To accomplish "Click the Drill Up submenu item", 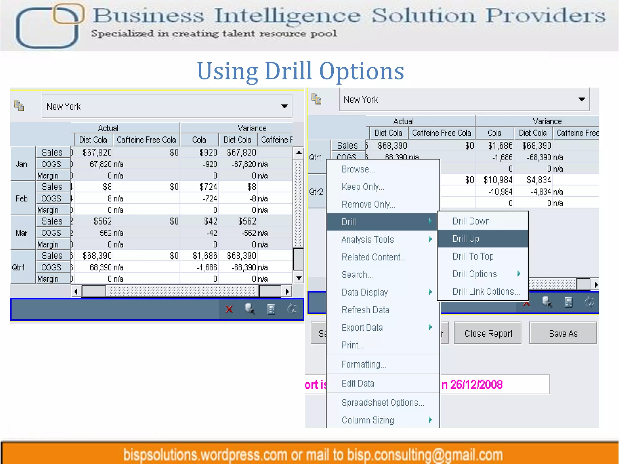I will [466, 239].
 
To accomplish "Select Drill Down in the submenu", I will [471, 221].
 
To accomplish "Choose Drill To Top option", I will [473, 256].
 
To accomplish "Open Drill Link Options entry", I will [486, 292].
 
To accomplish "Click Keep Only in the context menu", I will [363, 187].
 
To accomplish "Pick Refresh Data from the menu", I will [365, 310].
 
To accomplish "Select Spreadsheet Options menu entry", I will [383, 402].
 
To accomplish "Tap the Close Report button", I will [488, 333].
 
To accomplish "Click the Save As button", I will [563, 333].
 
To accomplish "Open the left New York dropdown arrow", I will [284, 106].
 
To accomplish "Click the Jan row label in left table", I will [21, 164].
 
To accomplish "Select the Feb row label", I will [21, 198].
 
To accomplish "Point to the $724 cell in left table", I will [208, 187].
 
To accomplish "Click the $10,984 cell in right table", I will [497, 180].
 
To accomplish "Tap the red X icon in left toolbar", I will [229, 309].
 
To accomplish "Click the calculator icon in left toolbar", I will [271, 309].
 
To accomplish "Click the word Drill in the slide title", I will [288, 71].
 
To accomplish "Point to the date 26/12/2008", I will [476, 385].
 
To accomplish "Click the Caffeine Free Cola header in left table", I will [146, 140].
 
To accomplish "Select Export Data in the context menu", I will [362, 327].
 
